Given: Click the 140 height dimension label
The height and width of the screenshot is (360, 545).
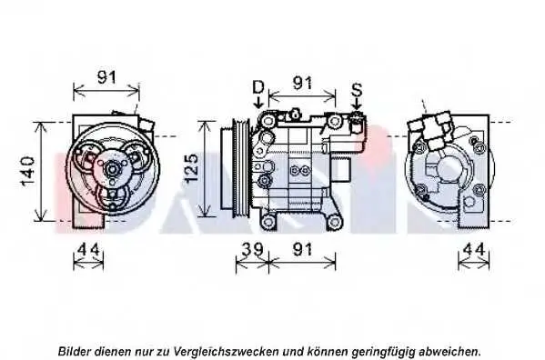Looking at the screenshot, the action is tap(28, 171).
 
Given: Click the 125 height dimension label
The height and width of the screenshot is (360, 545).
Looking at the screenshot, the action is tap(191, 168).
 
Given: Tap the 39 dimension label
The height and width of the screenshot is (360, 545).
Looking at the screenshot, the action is tap(252, 249).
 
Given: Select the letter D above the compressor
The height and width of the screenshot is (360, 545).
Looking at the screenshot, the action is tap(258, 87).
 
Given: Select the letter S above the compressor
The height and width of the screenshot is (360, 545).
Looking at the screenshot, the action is tap(357, 90).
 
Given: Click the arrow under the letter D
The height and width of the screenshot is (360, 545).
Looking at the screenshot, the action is tap(258, 103).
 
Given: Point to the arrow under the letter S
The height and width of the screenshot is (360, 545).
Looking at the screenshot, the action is tap(357, 105).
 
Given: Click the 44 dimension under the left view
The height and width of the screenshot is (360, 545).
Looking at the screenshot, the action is tap(88, 249).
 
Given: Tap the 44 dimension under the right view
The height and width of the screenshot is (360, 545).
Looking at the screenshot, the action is tap(474, 249).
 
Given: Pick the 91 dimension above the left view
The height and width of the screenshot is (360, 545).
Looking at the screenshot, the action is tap(106, 77).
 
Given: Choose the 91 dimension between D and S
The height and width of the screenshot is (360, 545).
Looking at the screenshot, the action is tap(302, 83).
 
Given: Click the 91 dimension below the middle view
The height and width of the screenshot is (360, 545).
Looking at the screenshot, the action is tap(302, 249).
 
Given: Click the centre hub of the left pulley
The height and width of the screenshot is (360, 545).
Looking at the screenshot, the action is tap(113, 169).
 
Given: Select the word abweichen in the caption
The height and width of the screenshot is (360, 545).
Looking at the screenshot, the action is tap(450, 351).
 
